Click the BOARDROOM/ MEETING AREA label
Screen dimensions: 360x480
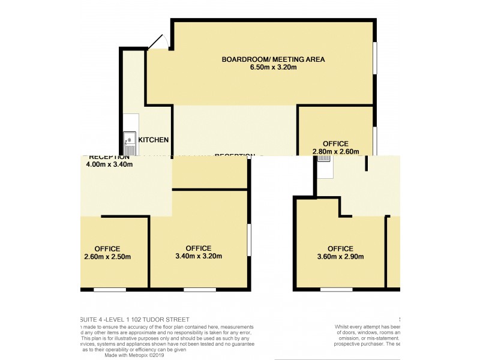273,59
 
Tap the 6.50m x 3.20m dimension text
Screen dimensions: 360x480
273,67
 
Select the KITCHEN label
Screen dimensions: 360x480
153,140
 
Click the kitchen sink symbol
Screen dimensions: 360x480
130,143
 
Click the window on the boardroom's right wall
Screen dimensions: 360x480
376,58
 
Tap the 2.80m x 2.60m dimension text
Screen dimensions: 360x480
335,152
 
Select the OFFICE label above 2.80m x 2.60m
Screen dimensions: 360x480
335,143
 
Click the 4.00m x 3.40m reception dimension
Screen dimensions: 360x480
109,164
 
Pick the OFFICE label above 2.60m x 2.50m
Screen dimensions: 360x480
107,248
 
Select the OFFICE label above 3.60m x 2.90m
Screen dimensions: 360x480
340,248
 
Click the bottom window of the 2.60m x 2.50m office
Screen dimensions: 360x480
109,290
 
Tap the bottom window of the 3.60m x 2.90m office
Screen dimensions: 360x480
336,290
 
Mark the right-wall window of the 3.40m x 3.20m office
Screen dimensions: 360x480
249,240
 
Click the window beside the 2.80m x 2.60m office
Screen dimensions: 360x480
376,141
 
